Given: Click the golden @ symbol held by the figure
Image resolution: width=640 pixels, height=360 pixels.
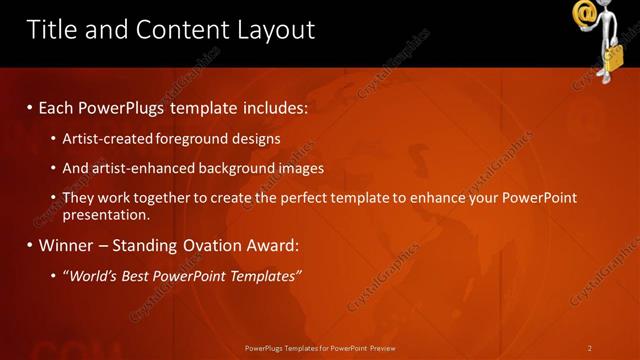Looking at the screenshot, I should point(585,14).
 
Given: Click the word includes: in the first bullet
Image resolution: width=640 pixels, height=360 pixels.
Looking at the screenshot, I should point(273,105).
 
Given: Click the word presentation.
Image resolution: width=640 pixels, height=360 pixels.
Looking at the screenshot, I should point(106,214).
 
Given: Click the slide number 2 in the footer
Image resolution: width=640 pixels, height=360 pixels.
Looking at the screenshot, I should point(589,347).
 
